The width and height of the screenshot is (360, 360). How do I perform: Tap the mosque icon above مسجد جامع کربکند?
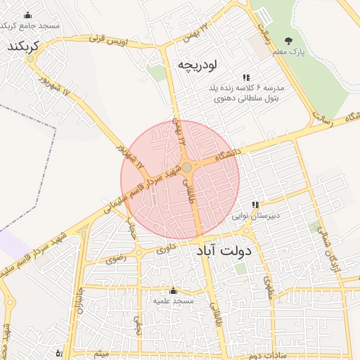(x=27, y=15)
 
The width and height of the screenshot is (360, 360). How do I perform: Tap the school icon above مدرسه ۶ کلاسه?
(x=245, y=77)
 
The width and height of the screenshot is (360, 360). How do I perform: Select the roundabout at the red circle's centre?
(x=187, y=167)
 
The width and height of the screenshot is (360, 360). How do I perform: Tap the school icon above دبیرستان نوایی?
(x=255, y=205)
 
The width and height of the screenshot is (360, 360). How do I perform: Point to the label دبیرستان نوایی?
(x=260, y=216)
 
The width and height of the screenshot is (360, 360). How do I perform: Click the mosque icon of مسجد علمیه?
(x=173, y=290)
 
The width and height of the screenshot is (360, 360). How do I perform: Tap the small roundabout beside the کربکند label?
(x=30, y=59)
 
